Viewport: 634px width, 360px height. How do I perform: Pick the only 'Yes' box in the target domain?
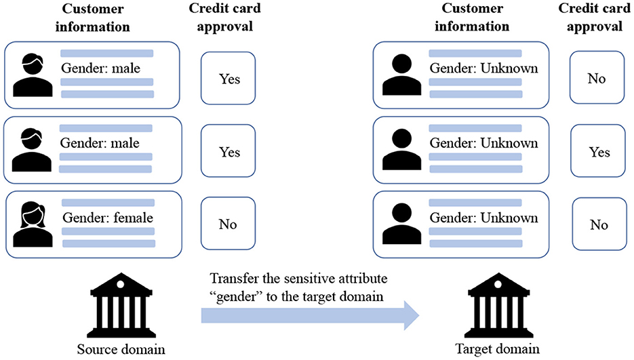coord(599,152)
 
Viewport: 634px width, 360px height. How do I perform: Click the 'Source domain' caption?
coord(124,349)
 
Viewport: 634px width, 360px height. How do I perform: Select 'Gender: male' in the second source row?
coord(100,143)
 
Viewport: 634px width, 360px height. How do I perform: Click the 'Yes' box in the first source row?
coord(230,79)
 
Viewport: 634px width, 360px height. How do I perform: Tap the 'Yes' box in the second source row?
coord(230,153)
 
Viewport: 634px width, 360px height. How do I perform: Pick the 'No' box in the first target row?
coord(596,79)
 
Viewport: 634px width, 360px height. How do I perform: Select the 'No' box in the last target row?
coord(599,224)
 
